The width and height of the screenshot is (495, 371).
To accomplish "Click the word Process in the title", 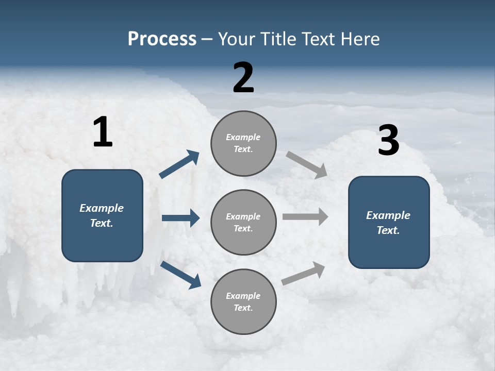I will point(162,39).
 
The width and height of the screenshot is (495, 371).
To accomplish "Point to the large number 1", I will point(103,132).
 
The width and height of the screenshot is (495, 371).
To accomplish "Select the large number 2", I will point(243,78).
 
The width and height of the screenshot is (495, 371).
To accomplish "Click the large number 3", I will point(388,141).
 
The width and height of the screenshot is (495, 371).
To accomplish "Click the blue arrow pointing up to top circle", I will point(179,164).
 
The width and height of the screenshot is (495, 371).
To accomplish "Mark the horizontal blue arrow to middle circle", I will point(180,218).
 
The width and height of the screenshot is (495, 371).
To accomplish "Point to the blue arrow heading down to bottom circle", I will point(180,275).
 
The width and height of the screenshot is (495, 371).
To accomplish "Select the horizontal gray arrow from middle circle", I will point(305,216).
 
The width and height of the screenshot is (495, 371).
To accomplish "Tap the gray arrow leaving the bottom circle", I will point(303,273).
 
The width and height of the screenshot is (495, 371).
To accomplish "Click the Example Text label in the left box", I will point(102,215).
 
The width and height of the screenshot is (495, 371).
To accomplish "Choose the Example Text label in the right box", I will point(388,223).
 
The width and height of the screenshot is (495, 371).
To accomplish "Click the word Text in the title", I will point(319,39).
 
